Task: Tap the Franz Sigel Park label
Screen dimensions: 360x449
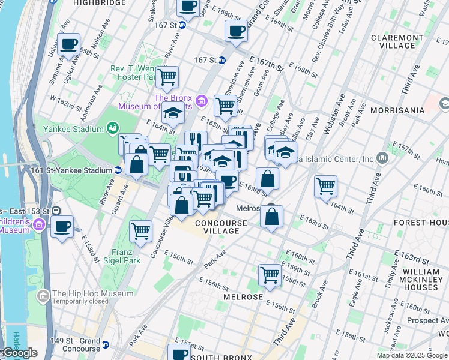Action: point(125,256)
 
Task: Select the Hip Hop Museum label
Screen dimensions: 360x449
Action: point(92,294)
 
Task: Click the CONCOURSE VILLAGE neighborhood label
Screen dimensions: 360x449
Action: point(221,227)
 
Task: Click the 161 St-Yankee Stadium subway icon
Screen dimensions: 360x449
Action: point(118,170)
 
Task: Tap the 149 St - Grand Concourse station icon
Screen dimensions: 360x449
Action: point(106,345)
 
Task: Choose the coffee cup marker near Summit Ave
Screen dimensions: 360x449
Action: point(70,43)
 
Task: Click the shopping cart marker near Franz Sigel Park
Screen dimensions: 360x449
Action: point(140,230)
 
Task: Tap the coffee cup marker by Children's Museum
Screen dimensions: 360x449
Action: point(62,227)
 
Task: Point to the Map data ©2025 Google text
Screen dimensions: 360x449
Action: point(412,355)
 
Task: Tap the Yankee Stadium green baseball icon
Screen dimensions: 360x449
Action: point(112,127)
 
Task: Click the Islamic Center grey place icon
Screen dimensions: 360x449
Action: point(382,158)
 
